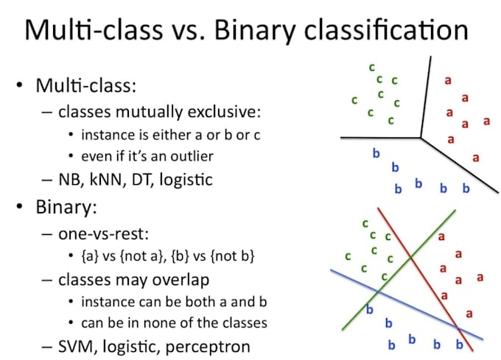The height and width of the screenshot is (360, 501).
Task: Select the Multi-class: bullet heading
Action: coord(86,85)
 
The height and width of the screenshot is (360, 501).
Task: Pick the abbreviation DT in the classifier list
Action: coord(145,178)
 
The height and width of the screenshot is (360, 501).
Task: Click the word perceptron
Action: coord(210,346)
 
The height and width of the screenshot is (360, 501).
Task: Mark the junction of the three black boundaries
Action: coord(421,137)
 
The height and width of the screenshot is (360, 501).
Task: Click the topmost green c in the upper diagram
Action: coord(371,67)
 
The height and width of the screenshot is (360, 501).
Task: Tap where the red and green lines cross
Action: coord(411,258)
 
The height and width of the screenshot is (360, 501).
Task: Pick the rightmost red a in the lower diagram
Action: coord(480,277)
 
